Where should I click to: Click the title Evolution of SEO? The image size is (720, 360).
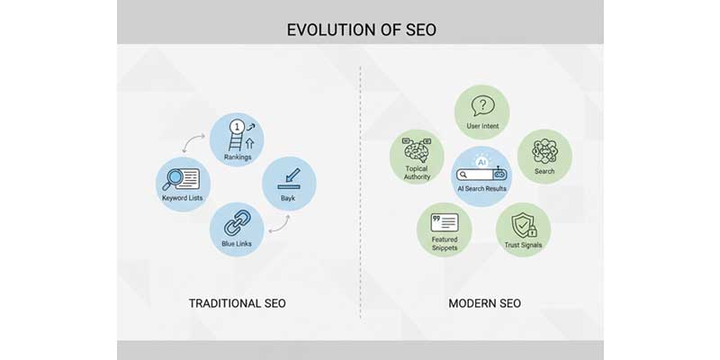tap(359, 30)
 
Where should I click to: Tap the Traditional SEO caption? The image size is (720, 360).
tap(237, 303)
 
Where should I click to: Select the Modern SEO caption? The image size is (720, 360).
tap(484, 303)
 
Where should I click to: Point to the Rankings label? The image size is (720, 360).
tap(238, 157)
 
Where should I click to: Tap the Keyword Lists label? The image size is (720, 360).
tap(183, 197)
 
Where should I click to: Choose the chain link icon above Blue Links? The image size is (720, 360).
tap(236, 222)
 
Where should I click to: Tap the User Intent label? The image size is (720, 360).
tap(482, 126)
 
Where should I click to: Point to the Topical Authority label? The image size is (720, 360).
tap(417, 172)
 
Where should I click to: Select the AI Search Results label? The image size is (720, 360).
tap(482, 189)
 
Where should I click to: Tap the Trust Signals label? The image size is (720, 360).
tap(523, 245)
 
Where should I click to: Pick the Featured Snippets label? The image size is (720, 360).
tap(444, 243)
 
